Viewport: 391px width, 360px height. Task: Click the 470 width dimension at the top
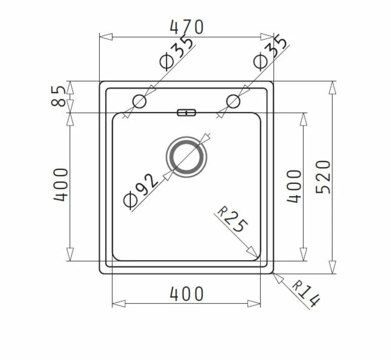point(187,27)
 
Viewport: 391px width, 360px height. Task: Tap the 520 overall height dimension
point(323,177)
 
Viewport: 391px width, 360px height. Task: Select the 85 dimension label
point(58,96)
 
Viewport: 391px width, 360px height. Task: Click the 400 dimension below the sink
point(187,294)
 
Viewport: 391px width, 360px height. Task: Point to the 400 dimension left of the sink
point(61,185)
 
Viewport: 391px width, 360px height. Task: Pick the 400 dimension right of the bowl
point(294,186)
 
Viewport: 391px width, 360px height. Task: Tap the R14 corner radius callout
point(305,294)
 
